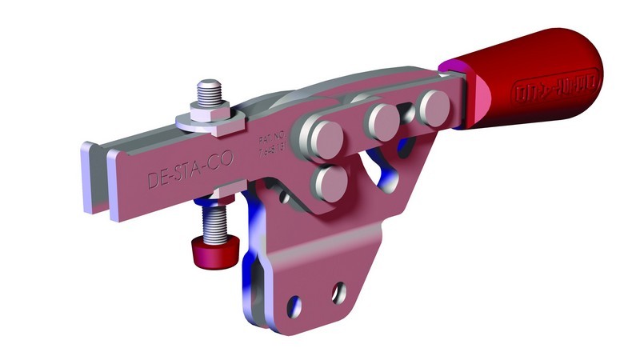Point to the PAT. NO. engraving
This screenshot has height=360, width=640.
[x=271, y=148]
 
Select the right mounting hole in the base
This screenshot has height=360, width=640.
[x=342, y=290]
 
